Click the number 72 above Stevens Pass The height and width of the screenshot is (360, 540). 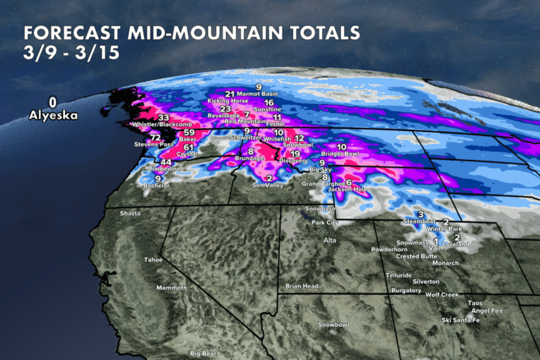click(155, 137)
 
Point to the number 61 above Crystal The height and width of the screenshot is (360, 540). click(189, 148)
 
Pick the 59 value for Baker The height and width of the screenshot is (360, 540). click(189, 132)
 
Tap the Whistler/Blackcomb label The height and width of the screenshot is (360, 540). click(158, 124)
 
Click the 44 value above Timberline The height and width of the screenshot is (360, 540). click(166, 162)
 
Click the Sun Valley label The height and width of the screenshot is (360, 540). click(267, 186)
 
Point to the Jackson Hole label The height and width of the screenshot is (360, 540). click(347, 189)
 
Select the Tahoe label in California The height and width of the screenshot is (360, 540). click(154, 260)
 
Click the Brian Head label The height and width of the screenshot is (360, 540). click(302, 286)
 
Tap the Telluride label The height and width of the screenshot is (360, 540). click(398, 276)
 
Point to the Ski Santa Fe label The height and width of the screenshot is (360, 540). click(461, 320)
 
